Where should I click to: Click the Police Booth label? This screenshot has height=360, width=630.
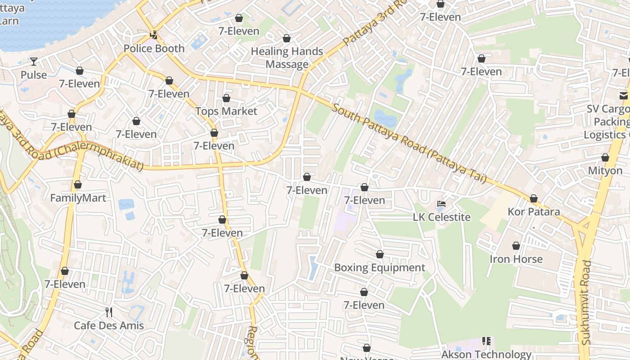(x=154, y=49)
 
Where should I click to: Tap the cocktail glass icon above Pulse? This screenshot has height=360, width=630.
(x=34, y=61)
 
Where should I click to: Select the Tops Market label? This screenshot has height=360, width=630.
(x=226, y=111)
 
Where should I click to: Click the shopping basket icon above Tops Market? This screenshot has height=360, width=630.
(x=226, y=98)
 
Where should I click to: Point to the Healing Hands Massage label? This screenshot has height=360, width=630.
(x=287, y=58)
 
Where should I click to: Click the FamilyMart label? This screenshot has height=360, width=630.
(x=78, y=198)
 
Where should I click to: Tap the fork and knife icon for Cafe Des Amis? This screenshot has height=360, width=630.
(x=108, y=312)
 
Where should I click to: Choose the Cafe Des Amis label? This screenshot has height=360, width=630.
(x=108, y=325)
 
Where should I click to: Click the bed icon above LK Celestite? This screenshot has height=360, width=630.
(x=441, y=204)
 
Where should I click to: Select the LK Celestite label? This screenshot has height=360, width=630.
(x=441, y=217)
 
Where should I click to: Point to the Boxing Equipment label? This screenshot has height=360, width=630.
(x=379, y=268)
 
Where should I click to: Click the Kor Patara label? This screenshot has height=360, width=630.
(x=534, y=211)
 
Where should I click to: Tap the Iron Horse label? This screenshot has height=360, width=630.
(x=516, y=259)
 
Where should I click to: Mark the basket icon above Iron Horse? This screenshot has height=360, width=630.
(x=516, y=246)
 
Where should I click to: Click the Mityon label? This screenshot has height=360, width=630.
(x=605, y=171)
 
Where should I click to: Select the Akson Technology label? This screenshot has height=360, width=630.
(x=486, y=355)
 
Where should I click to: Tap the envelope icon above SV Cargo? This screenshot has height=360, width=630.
(x=623, y=95)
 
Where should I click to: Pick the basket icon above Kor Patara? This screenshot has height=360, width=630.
(x=534, y=198)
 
